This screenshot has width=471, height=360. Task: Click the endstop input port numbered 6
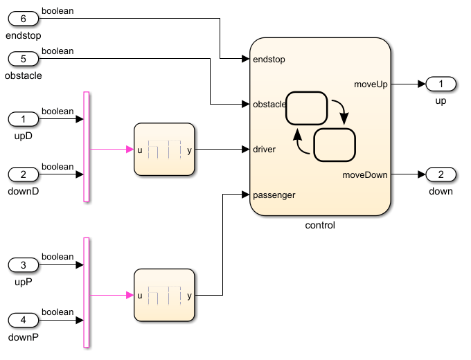pos(24,19)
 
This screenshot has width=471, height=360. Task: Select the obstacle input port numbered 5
pos(24,59)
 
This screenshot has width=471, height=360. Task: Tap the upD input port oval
pos(24,119)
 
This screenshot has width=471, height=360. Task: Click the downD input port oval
pos(24,174)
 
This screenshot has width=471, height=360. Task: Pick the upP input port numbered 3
pos(24,264)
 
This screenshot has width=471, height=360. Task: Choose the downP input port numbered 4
pos(24,320)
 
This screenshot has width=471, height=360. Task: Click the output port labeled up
pos(441,84)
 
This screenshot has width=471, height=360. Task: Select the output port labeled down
pos(441,174)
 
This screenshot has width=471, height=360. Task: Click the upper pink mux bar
pos(87,146)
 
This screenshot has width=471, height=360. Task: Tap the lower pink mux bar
pos(87,292)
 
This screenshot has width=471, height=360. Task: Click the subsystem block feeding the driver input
pos(164,150)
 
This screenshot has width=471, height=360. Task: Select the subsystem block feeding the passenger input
pos(164,295)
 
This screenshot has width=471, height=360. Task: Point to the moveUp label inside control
pos(371,84)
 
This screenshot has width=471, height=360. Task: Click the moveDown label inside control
pos(365,175)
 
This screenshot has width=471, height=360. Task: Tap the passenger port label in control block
pos(274,195)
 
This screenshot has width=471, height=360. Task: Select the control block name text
pos(320,226)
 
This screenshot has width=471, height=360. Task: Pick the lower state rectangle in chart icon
pos(335,145)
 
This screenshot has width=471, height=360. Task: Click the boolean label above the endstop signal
pos(57,10)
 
